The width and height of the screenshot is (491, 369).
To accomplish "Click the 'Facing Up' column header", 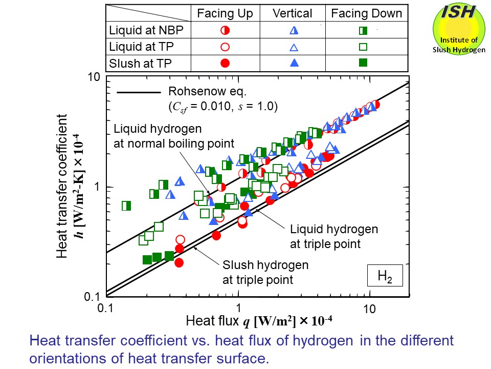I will (x=225, y=14).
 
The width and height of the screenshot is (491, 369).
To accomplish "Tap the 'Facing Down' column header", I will (x=367, y=14).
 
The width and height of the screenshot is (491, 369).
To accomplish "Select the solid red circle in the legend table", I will (x=225, y=63).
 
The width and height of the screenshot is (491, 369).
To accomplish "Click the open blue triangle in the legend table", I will (x=294, y=47).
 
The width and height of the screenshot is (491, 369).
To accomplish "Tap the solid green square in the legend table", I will (x=363, y=63).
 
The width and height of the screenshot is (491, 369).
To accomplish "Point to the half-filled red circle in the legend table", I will (x=225, y=31).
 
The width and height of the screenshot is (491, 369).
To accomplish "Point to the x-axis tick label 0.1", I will (x=105, y=309).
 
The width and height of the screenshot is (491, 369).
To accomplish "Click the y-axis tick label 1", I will (x=96, y=188).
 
